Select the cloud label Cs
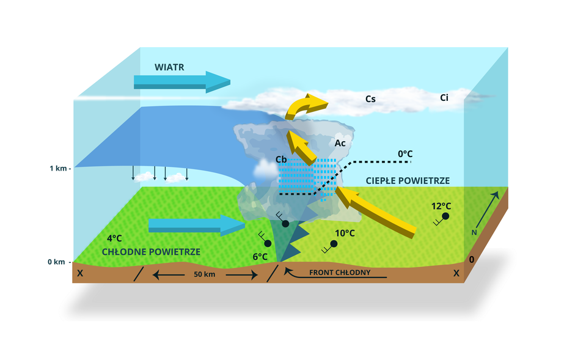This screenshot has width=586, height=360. click(x=370, y=98)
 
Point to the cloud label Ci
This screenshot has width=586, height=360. click(x=444, y=97)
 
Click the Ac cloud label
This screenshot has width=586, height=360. click(x=340, y=143)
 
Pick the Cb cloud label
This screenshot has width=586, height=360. click(x=282, y=160)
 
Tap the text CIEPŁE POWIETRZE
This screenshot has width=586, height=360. click(x=408, y=181)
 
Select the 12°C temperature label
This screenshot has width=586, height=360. click(x=441, y=207)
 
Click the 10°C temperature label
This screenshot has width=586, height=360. click(x=345, y=233)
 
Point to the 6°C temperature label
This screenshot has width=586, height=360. click(x=259, y=257)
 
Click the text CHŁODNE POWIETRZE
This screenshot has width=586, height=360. click(x=151, y=251)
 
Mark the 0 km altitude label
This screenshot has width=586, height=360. click(x=56, y=262)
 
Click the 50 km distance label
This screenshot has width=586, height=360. click(x=205, y=274)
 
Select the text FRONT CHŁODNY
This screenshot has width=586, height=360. click(x=340, y=273)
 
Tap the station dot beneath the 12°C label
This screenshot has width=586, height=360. click(x=446, y=216)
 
